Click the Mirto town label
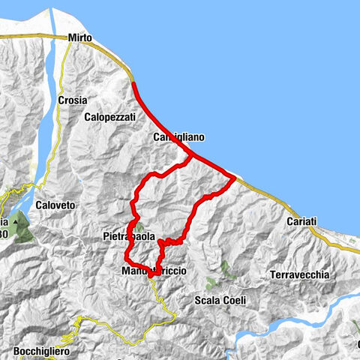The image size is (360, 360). pos(79,37)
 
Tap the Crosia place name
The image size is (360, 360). pos(73,100)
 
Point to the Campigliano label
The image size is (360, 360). pos(178,138)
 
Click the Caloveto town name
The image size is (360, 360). pos(52,203)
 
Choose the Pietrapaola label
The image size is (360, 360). pos(129,237)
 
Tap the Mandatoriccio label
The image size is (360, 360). pos(153,270)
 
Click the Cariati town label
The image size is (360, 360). pos(302,221)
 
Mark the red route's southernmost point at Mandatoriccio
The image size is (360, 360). pos(150,276)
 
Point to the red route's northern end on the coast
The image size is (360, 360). pos(133,81)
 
